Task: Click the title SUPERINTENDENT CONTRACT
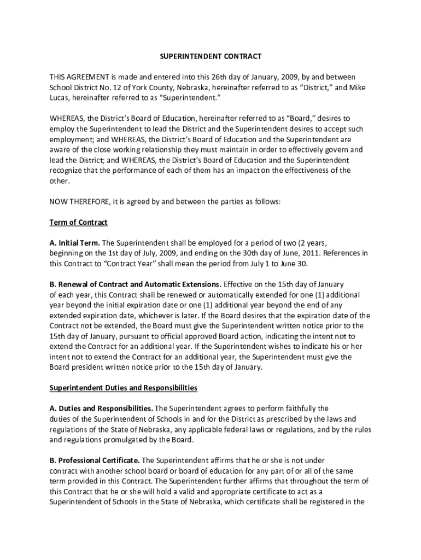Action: pyautogui.click(x=210, y=56)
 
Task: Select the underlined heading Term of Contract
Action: pyautogui.click(x=79, y=223)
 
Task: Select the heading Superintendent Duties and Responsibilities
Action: pyautogui.click(x=123, y=388)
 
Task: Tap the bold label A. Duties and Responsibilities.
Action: pyautogui.click(x=101, y=409)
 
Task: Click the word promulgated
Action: pyautogui.click(x=128, y=440)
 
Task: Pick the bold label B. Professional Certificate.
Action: pyautogui.click(x=95, y=460)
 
